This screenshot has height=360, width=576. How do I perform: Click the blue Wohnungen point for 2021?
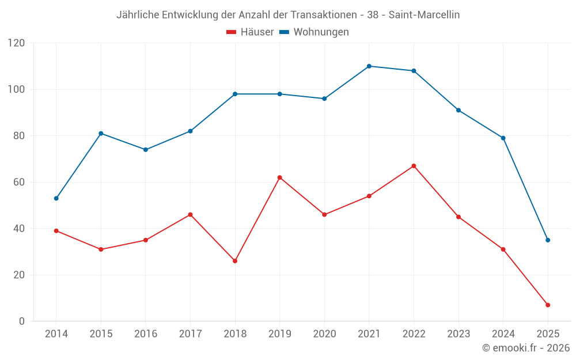pyautogui.click(x=369, y=66)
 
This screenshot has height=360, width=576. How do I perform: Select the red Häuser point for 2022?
pyautogui.click(x=414, y=166)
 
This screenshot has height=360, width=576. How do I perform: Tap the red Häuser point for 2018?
pyautogui.click(x=235, y=261)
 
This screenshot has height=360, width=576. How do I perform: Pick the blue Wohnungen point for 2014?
pyautogui.click(x=56, y=198)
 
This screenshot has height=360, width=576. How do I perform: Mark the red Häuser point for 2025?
pyautogui.click(x=548, y=305)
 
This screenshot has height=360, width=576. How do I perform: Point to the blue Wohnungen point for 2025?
pyautogui.click(x=548, y=240)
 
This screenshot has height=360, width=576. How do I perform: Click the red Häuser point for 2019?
pyautogui.click(x=279, y=177)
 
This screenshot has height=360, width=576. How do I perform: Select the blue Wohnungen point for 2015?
pyautogui.click(x=101, y=134)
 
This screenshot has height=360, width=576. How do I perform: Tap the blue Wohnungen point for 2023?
pyautogui.click(x=458, y=110)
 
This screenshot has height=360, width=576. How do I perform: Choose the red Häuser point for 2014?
pyautogui.click(x=56, y=231)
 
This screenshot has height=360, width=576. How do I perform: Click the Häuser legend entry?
pyautogui.click(x=250, y=32)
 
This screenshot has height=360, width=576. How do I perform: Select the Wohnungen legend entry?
pyautogui.click(x=314, y=32)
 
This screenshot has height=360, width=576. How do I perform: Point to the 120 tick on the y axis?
pyautogui.click(x=17, y=43)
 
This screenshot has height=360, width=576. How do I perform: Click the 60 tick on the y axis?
pyautogui.click(x=19, y=182)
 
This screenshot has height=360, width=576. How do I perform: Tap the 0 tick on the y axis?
pyautogui.click(x=22, y=321)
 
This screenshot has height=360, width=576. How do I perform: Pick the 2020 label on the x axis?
pyautogui.click(x=324, y=334)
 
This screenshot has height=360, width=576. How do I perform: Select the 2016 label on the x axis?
pyautogui.click(x=146, y=334)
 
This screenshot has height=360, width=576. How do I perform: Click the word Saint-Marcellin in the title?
pyautogui.click(x=424, y=15)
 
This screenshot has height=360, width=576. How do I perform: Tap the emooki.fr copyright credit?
pyautogui.click(x=526, y=348)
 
